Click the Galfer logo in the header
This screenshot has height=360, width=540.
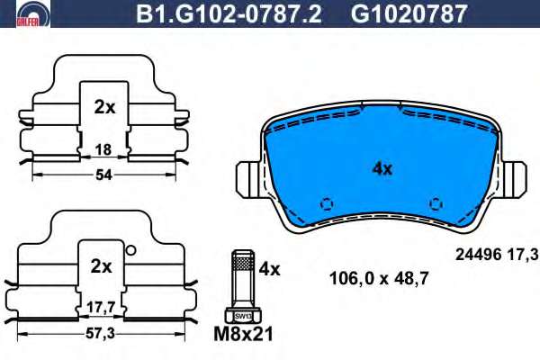(33, 13)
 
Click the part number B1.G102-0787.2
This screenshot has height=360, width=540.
(229, 13)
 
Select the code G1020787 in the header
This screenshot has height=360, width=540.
(409, 13)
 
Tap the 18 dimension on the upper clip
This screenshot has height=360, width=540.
(103, 149)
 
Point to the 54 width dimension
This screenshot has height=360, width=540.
(103, 175)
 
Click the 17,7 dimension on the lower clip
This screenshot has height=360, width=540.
(101, 307)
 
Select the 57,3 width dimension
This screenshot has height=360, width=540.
(100, 334)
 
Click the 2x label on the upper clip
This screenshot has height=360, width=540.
(104, 108)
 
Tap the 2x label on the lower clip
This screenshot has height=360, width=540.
(101, 266)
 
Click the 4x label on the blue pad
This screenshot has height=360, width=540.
(382, 169)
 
